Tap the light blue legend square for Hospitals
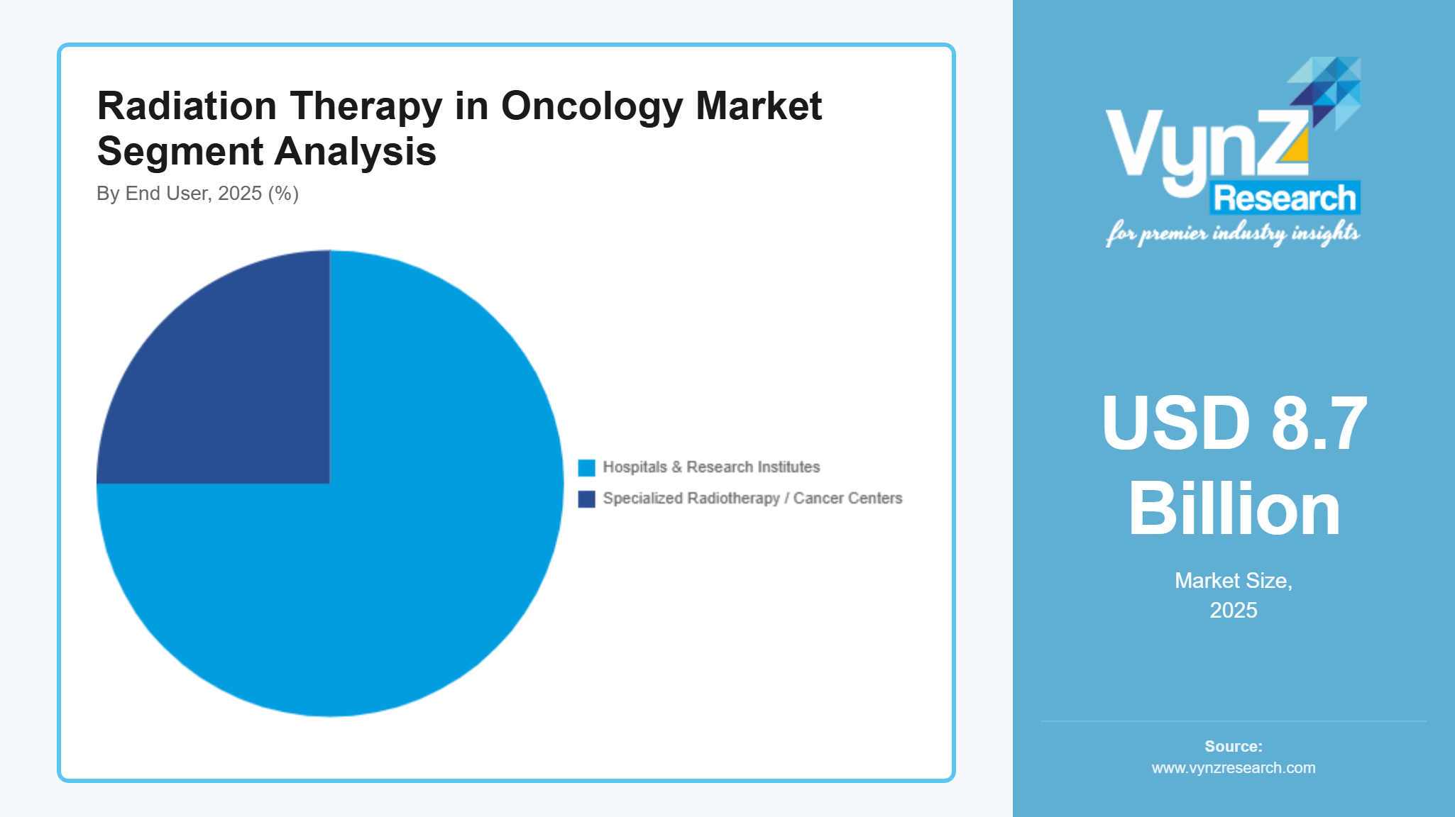click(586, 467)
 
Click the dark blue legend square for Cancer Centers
click(586, 499)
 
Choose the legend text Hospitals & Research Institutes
click(711, 467)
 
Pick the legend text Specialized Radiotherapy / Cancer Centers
click(752, 499)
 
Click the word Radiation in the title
click(187, 106)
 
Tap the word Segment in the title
click(180, 152)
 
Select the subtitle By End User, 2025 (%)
click(197, 194)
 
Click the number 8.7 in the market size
click(1319, 423)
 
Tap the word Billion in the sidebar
click(1234, 509)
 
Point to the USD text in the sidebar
click(1175, 423)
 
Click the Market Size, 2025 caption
click(1234, 595)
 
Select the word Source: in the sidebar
click(1234, 746)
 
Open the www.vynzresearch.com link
click(1234, 768)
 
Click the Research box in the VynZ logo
click(1285, 198)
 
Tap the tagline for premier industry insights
click(1232, 233)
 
